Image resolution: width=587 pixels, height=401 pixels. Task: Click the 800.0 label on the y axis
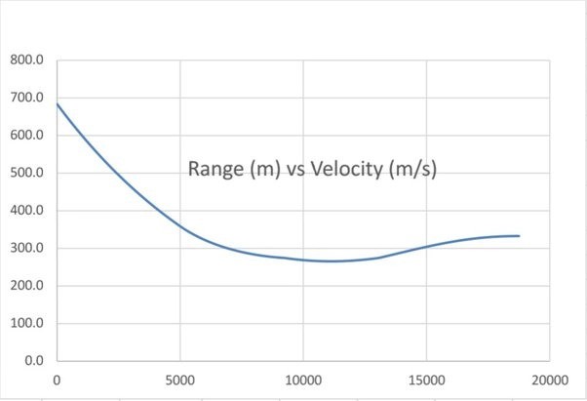click(x=27, y=60)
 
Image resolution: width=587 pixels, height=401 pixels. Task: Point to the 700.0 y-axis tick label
click(x=27, y=98)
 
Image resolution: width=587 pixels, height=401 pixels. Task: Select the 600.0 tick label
click(x=27, y=136)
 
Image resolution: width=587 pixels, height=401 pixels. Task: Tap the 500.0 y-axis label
click(x=27, y=173)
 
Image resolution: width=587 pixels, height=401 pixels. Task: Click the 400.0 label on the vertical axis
click(x=27, y=211)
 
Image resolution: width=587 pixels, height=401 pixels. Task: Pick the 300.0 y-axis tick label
click(x=27, y=248)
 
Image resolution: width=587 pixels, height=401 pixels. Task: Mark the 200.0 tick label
click(x=27, y=286)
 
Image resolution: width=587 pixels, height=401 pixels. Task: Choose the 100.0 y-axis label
click(x=27, y=323)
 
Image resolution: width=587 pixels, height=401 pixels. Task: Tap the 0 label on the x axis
click(x=57, y=381)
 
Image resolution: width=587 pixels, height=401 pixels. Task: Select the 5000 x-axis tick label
click(x=179, y=381)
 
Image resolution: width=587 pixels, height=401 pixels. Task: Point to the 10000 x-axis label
click(x=302, y=381)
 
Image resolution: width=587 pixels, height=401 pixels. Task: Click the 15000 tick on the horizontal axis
click(x=425, y=381)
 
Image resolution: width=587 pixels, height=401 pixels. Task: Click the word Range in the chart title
click(x=215, y=169)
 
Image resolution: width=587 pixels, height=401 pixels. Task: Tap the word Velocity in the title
click(x=346, y=169)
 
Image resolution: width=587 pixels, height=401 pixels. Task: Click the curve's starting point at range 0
click(x=58, y=103)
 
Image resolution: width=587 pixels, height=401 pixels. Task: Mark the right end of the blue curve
click(x=519, y=236)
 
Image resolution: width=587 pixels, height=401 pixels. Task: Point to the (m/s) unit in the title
click(x=412, y=169)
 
